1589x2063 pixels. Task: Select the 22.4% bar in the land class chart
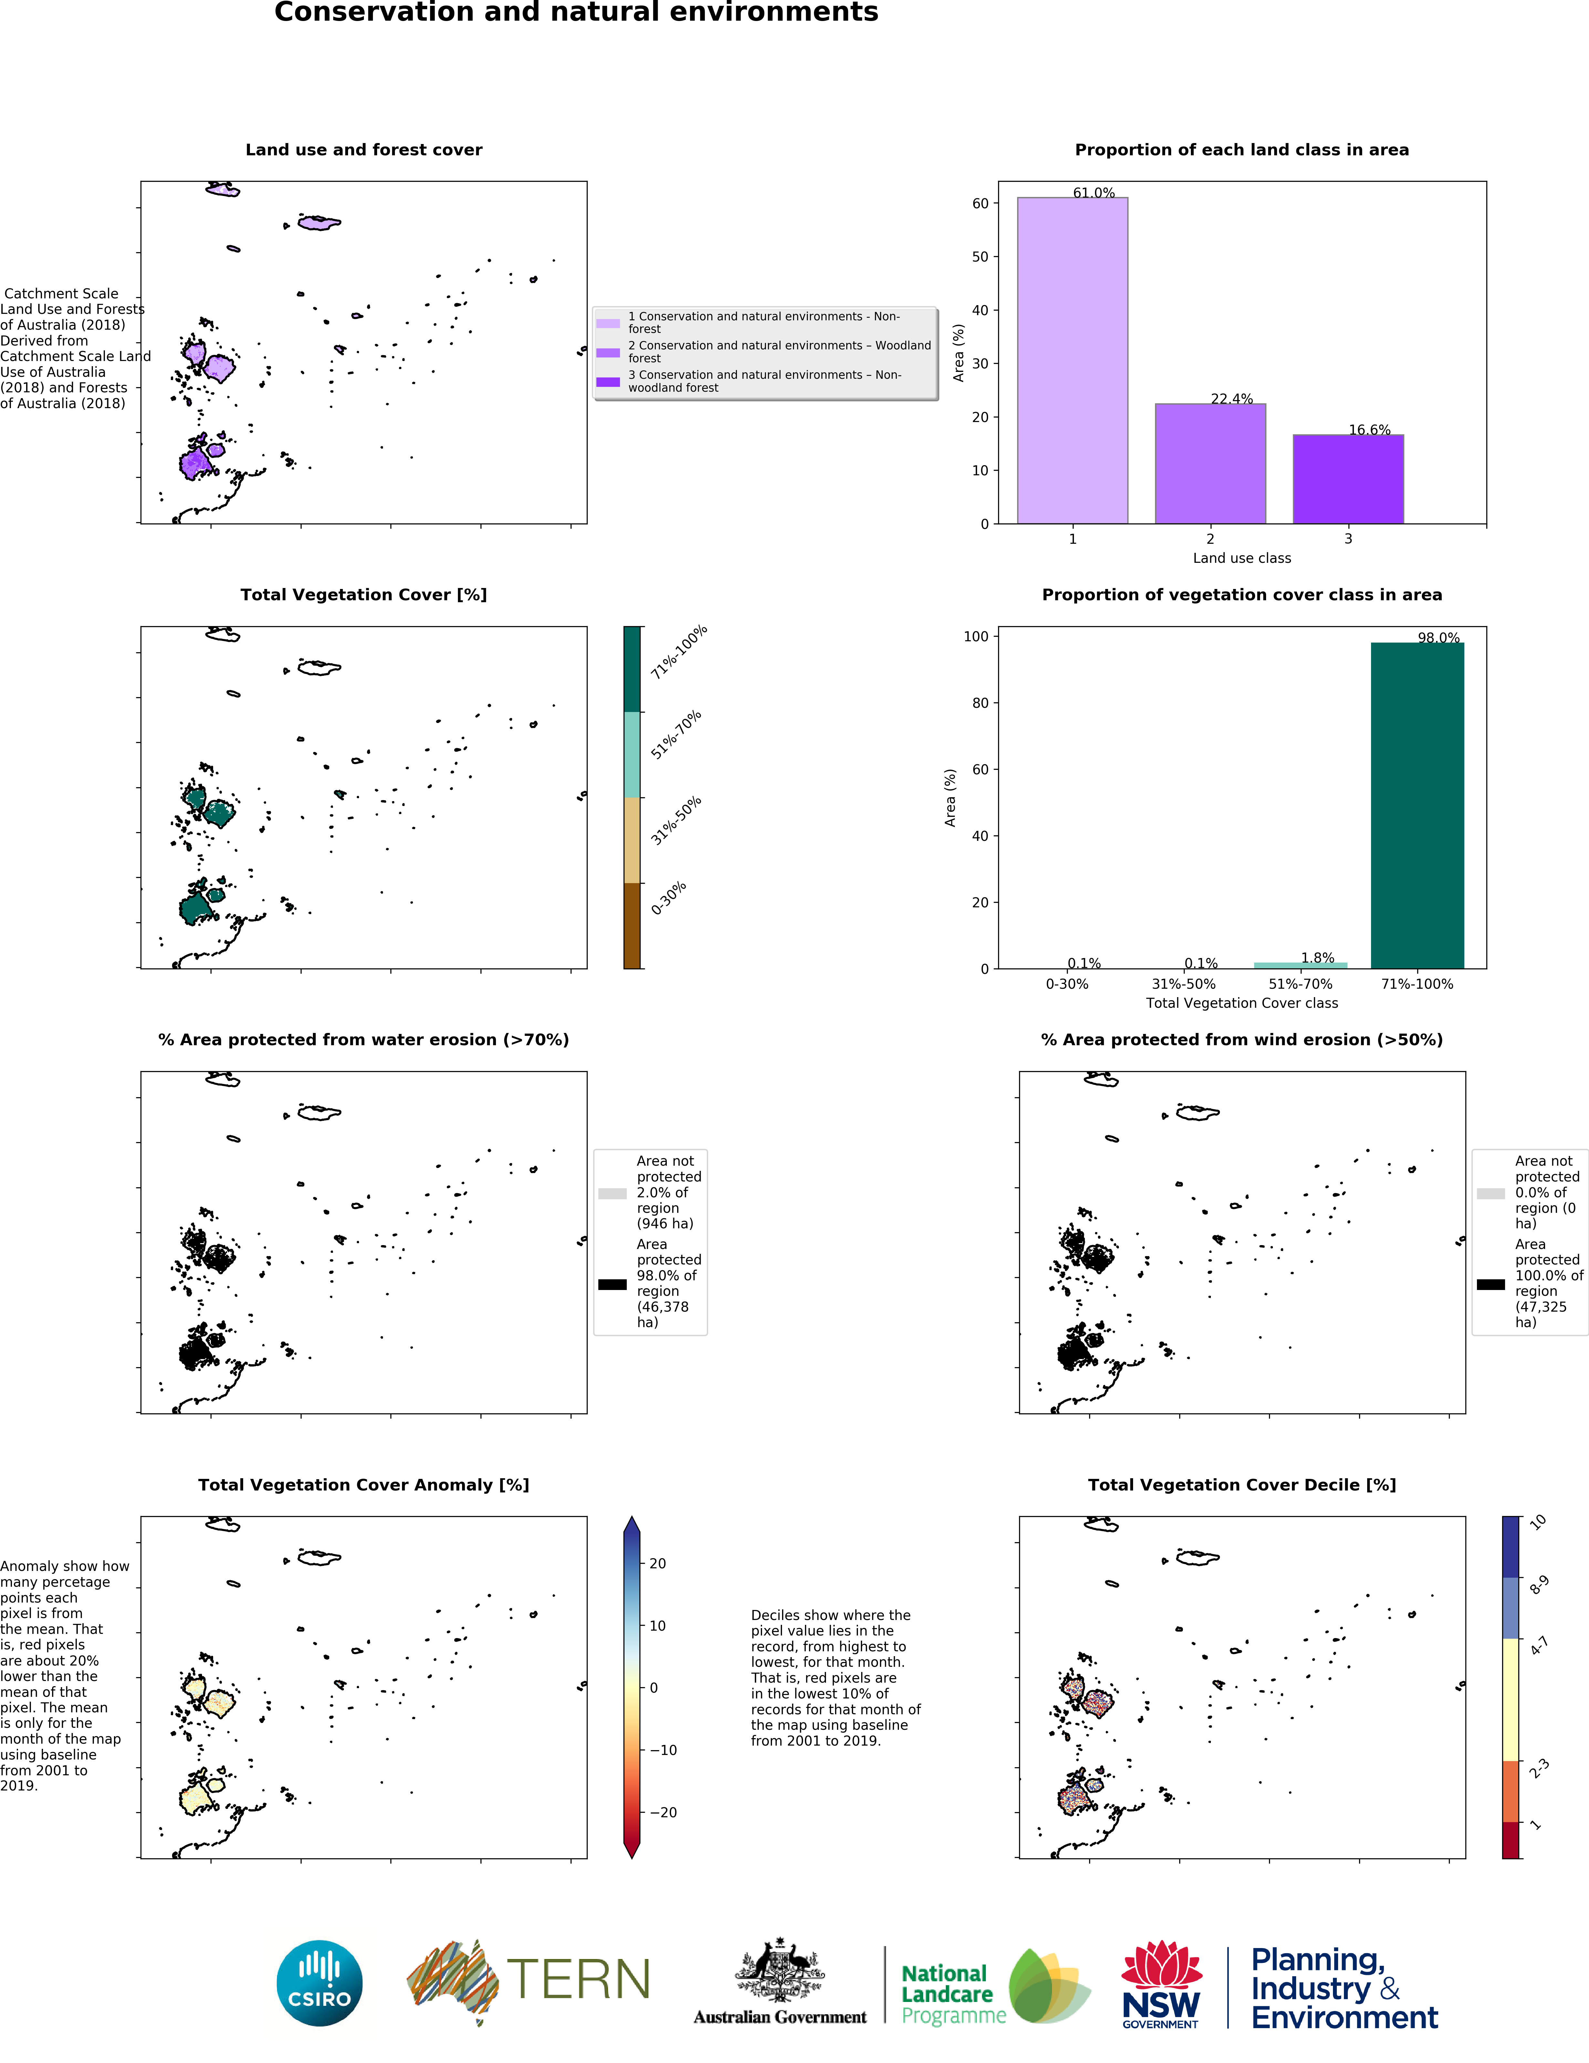click(1210, 463)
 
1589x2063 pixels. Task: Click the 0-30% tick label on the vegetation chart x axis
click(1067, 984)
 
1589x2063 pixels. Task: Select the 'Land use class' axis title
click(1241, 558)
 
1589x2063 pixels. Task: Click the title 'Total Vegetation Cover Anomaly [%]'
click(364, 1485)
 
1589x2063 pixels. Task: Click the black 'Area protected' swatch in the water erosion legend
click(612, 1284)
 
